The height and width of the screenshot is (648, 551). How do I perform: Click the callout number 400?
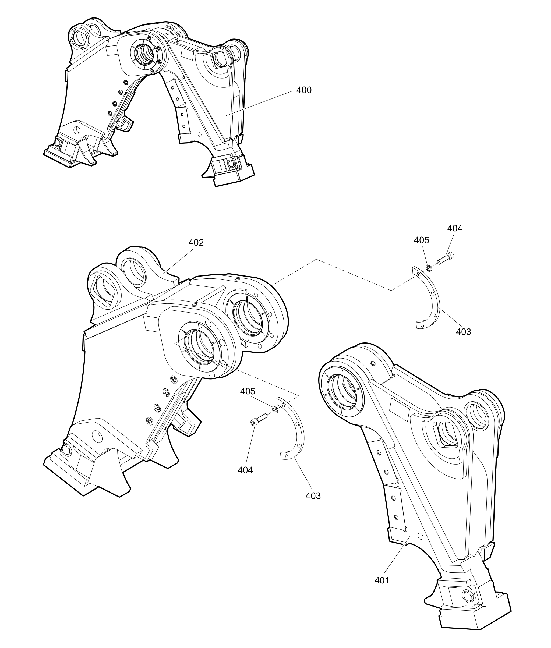click(x=303, y=90)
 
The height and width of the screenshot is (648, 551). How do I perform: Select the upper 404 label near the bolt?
click(x=454, y=228)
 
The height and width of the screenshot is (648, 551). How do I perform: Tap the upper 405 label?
click(x=421, y=240)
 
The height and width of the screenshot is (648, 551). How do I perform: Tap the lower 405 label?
click(x=248, y=391)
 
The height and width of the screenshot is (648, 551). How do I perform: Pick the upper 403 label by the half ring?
click(x=463, y=332)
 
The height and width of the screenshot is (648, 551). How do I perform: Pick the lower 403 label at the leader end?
click(x=313, y=496)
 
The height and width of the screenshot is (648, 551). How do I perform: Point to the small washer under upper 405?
click(x=429, y=268)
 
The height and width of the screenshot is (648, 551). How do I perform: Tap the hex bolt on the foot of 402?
click(x=66, y=450)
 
